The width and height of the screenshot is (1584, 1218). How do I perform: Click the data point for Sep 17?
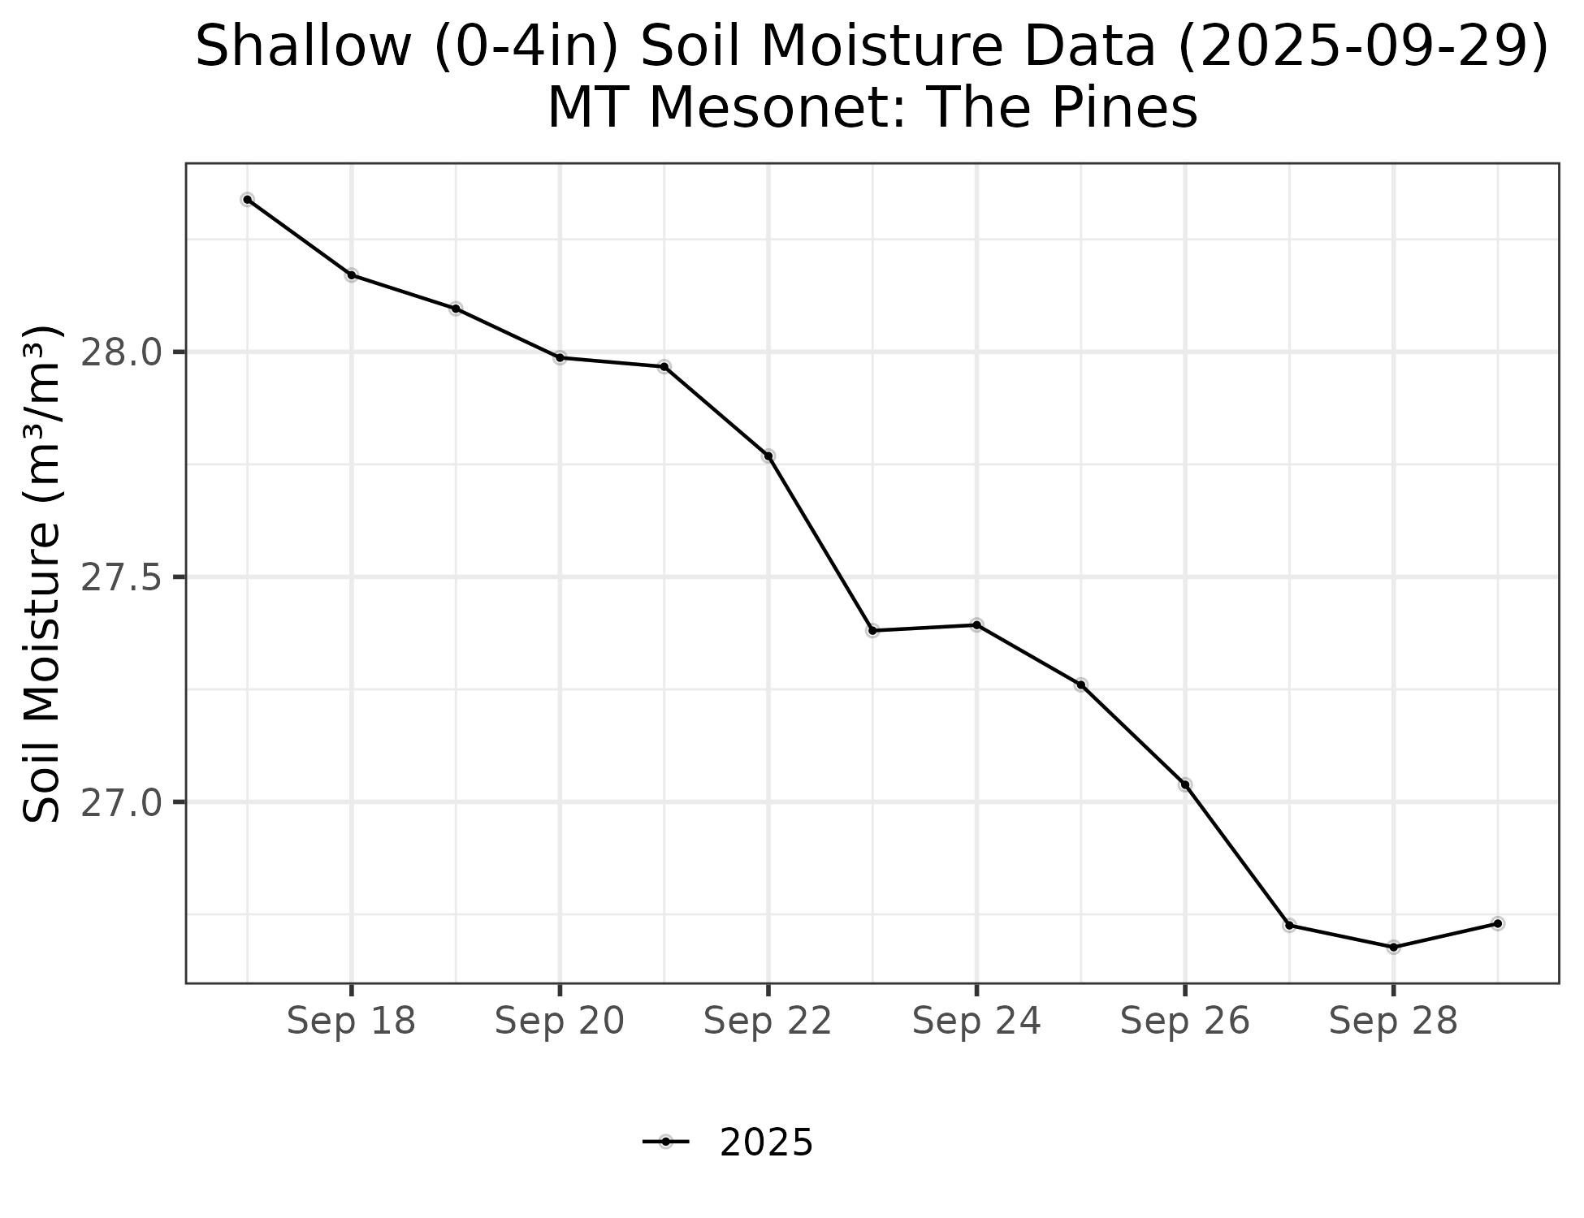click(x=248, y=199)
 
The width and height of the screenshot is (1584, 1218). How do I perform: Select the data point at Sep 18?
click(x=352, y=275)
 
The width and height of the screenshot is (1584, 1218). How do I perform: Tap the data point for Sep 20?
click(x=560, y=357)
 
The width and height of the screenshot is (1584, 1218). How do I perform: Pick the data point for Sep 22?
click(x=768, y=456)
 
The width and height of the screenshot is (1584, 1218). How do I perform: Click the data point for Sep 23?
click(x=872, y=631)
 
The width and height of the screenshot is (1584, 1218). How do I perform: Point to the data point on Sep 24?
click(x=976, y=624)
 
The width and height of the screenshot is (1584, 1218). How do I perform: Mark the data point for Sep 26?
click(x=1185, y=784)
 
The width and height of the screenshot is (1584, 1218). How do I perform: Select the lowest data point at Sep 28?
click(x=1393, y=947)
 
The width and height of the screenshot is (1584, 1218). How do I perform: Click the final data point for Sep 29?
click(x=1498, y=923)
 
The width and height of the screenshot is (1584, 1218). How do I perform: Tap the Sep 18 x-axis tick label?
click(x=351, y=1021)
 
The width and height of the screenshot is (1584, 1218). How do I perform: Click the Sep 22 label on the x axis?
click(x=768, y=1021)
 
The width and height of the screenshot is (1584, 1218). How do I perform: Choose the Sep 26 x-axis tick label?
click(x=1184, y=1021)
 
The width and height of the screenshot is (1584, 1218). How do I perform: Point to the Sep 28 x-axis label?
click(x=1393, y=1021)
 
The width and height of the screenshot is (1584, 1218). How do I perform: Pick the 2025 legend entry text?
click(x=766, y=1143)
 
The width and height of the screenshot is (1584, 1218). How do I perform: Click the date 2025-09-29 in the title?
click(x=1362, y=46)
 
